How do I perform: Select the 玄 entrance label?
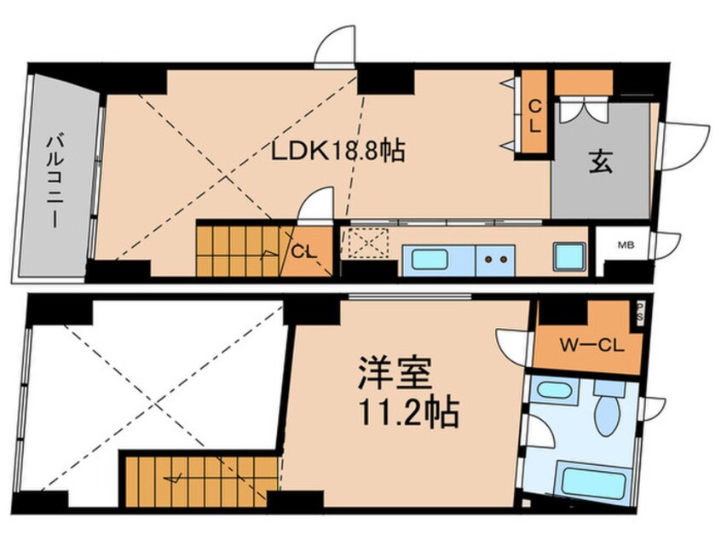(x=600, y=163)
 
